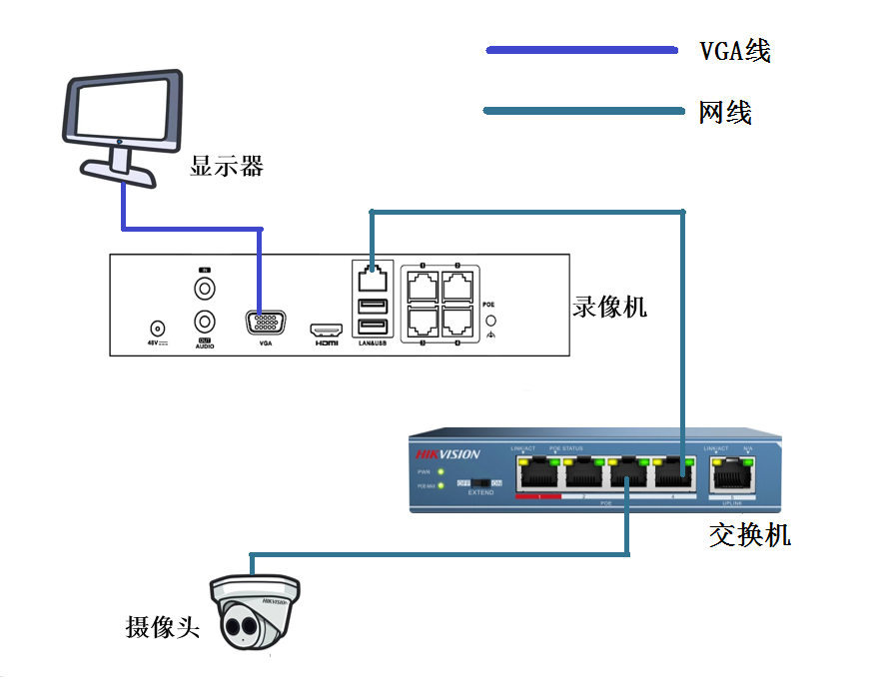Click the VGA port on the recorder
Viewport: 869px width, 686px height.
coord(265,324)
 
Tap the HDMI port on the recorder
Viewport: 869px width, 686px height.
coord(326,329)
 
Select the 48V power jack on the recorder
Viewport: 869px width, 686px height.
coord(156,327)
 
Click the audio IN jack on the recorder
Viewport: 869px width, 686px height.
coord(204,289)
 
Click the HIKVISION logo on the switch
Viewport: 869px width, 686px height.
coord(447,454)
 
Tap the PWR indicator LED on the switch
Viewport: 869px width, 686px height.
coord(439,471)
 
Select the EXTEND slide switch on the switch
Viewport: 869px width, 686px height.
coord(479,482)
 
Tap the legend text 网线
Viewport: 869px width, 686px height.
coord(724,112)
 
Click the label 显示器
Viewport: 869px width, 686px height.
coord(227,166)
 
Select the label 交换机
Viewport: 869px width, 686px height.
coord(749,535)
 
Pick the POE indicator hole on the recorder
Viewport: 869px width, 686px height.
coord(491,322)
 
